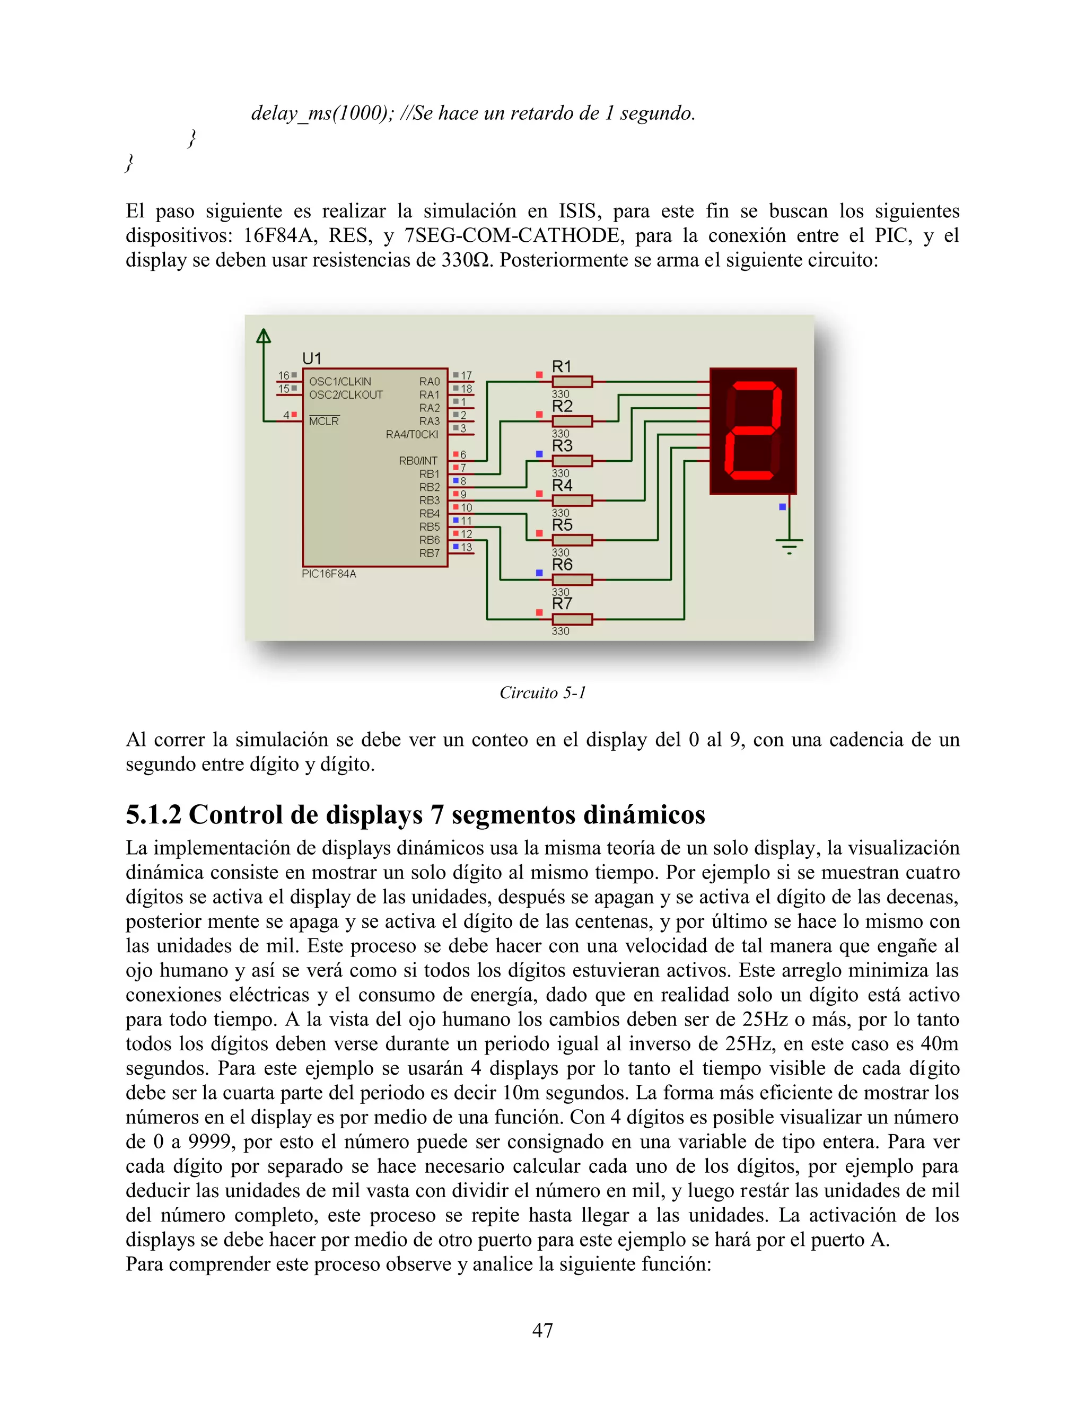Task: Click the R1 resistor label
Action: (562, 367)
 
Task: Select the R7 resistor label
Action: (562, 603)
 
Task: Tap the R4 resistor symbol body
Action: (572, 500)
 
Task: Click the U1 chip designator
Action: (312, 358)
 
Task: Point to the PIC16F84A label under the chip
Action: (329, 574)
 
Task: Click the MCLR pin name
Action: (323, 421)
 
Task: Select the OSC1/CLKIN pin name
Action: (340, 382)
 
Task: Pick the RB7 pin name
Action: (429, 553)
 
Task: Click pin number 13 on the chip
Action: (467, 548)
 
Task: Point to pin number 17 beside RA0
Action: (467, 375)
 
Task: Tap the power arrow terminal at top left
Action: (263, 336)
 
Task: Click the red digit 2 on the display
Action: (753, 431)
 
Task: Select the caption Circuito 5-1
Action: (542, 693)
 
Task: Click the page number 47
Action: (542, 1330)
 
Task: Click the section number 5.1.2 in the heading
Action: (154, 815)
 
